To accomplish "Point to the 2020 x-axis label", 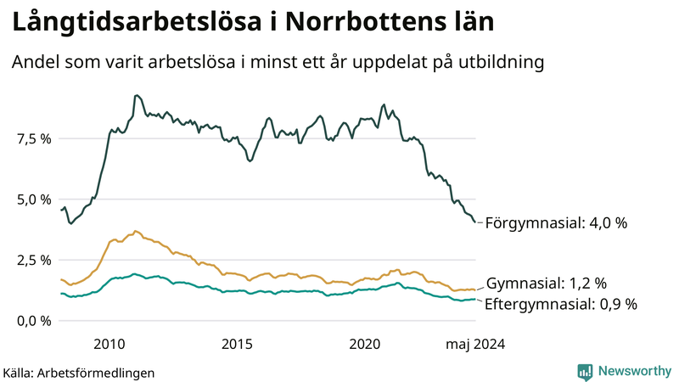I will click(x=365, y=344).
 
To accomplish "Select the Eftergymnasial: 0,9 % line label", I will click(x=560, y=304).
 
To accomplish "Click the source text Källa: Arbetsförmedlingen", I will click(x=79, y=373).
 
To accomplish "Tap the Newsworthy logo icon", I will click(x=585, y=371).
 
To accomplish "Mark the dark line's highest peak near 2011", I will click(x=136, y=95).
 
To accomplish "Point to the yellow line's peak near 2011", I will click(x=136, y=230).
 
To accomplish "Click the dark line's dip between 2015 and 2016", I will click(x=250, y=160).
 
